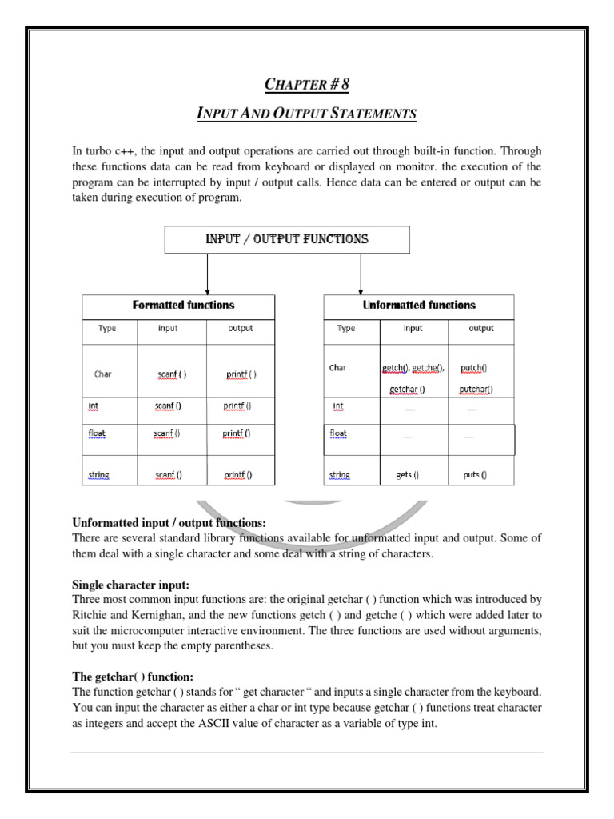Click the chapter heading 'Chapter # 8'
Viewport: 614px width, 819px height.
(307, 84)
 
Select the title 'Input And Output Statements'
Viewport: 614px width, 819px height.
(307, 114)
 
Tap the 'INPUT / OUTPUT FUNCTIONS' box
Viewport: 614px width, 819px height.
(287, 239)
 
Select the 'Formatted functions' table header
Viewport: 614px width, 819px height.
(183, 305)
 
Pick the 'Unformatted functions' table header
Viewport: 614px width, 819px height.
(418, 305)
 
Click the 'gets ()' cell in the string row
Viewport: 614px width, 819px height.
(407, 474)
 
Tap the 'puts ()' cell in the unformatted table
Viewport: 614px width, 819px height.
(475, 474)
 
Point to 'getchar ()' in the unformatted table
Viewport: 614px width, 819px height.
(407, 390)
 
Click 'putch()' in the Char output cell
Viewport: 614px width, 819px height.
(473, 368)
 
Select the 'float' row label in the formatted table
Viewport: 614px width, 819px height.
(97, 434)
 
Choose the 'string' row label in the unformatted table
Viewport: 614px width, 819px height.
(339, 475)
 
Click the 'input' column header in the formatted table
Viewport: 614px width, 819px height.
(168, 328)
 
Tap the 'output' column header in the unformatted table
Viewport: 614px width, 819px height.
(480, 328)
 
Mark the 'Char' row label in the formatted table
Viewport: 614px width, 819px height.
(103, 374)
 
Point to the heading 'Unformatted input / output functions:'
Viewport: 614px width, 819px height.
(169, 523)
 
